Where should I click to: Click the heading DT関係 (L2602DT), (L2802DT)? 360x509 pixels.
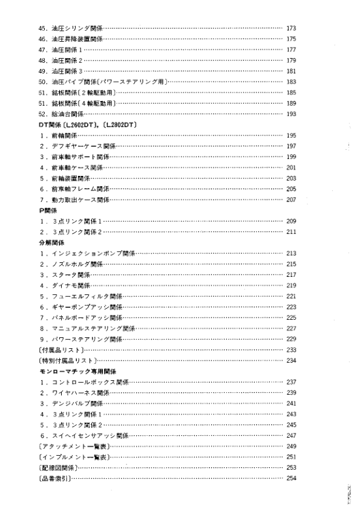click(90, 125)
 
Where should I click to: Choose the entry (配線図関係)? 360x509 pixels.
click(56, 467)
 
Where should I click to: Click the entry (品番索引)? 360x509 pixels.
click(54, 478)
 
